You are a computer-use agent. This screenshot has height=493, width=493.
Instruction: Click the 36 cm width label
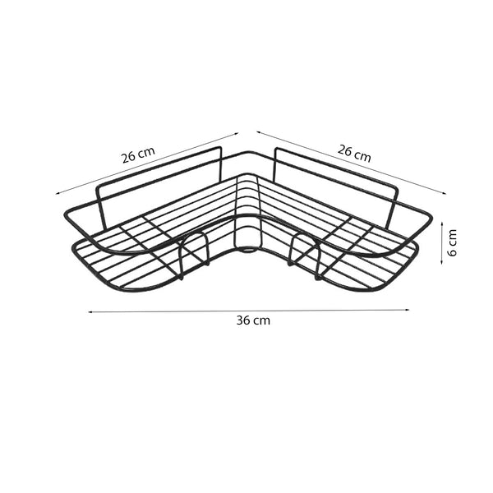(x=253, y=320)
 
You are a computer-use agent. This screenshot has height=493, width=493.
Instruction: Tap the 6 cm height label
(x=452, y=242)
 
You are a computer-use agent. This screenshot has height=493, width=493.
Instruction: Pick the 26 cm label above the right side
(x=354, y=154)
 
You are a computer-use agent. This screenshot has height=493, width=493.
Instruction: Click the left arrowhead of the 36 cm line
(x=90, y=312)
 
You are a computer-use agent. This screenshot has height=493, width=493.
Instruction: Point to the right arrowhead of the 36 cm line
(x=408, y=310)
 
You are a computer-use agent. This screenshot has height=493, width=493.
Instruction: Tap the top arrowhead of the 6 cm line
(x=442, y=223)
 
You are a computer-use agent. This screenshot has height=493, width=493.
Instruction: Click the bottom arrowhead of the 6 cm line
(x=442, y=261)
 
